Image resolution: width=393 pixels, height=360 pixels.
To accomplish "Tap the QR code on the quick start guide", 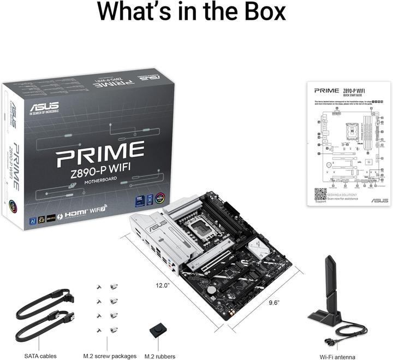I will pos(320,194).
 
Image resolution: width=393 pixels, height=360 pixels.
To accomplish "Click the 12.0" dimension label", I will pos(163,285).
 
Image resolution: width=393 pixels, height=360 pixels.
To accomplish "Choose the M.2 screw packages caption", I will pos(110,356).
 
